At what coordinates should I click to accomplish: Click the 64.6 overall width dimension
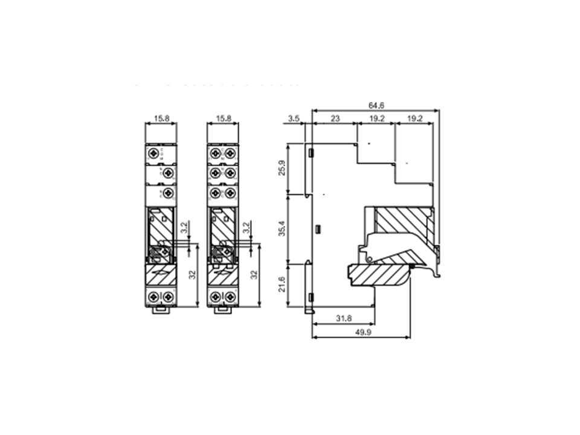(376, 105)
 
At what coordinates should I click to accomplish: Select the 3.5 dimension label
(294, 119)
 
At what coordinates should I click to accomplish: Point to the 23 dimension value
(335, 119)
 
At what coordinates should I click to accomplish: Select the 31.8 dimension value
(343, 318)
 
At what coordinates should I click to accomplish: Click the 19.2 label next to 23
(376, 119)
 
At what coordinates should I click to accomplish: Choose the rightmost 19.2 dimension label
(414, 119)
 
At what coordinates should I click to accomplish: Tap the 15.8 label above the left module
(161, 119)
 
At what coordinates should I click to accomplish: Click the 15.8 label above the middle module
(223, 119)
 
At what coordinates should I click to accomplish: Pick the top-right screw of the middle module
(230, 154)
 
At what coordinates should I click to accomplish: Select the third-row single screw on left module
(167, 193)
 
